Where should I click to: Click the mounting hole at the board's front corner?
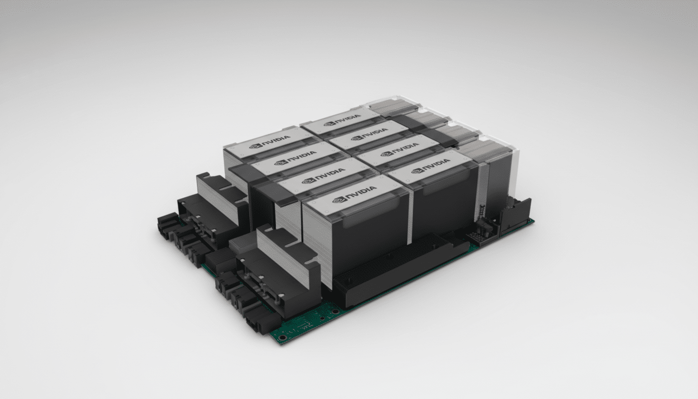(x=282, y=337)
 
